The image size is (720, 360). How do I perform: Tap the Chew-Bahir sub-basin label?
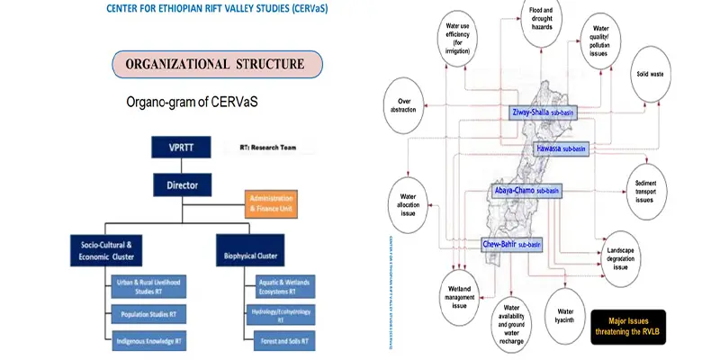[512, 243]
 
